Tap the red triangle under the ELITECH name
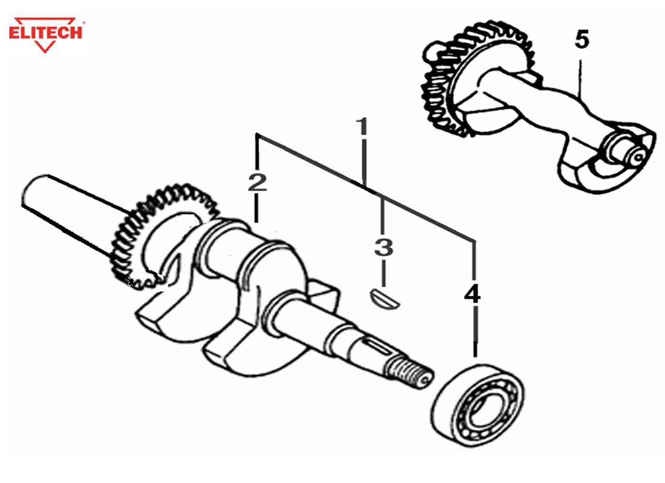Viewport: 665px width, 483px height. click(46, 45)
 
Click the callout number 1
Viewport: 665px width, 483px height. click(362, 128)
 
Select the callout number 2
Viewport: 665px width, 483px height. click(257, 182)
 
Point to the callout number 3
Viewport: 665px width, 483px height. click(383, 248)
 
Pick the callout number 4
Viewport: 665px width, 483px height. click(472, 294)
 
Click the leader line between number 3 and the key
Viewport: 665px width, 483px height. click(383, 272)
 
